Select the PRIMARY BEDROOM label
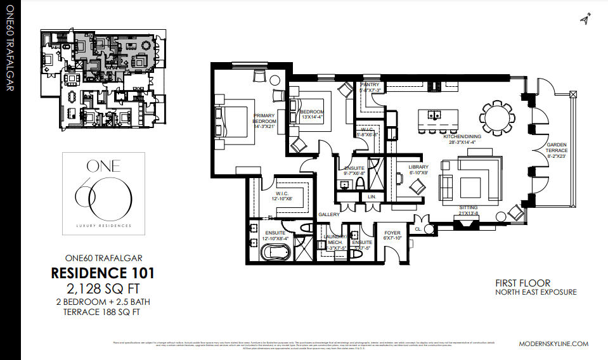264,120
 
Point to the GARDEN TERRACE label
557,150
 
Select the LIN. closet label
372,197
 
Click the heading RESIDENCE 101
102,274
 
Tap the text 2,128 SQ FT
102,289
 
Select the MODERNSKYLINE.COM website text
553,344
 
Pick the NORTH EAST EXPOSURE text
536,292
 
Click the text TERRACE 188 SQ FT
102,311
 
